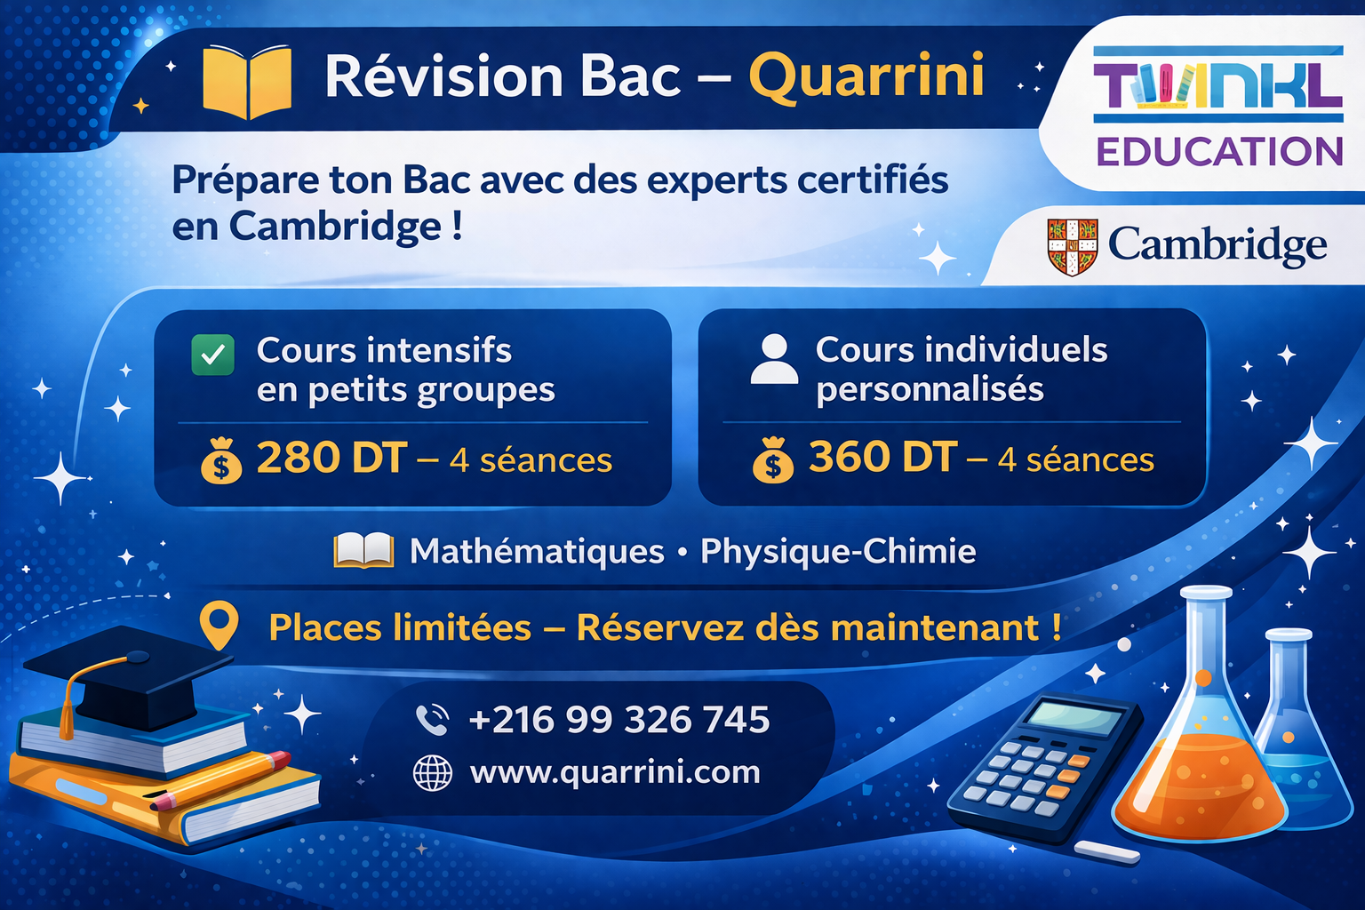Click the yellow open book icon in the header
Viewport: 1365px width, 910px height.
(x=247, y=82)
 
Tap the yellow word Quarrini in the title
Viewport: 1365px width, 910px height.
(x=866, y=76)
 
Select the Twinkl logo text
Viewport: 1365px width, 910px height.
(x=1217, y=85)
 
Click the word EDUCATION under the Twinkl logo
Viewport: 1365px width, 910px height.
(x=1219, y=152)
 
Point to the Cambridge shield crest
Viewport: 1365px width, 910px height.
(x=1073, y=246)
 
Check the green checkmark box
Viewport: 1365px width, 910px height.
(x=213, y=355)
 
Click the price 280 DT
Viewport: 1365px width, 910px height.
(x=331, y=459)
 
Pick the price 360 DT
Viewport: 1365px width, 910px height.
(x=882, y=458)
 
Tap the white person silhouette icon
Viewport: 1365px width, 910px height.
(x=774, y=359)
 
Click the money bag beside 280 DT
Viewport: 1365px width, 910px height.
(x=221, y=461)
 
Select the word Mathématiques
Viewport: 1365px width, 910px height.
(x=537, y=552)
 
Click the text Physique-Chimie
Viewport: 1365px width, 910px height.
(x=838, y=552)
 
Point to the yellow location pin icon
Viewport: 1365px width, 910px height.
(x=219, y=625)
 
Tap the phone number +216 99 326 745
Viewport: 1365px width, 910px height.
(x=619, y=720)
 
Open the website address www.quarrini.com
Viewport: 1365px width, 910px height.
(x=615, y=772)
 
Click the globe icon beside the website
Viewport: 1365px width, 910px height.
(x=433, y=773)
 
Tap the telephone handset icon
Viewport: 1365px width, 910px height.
(x=433, y=720)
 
